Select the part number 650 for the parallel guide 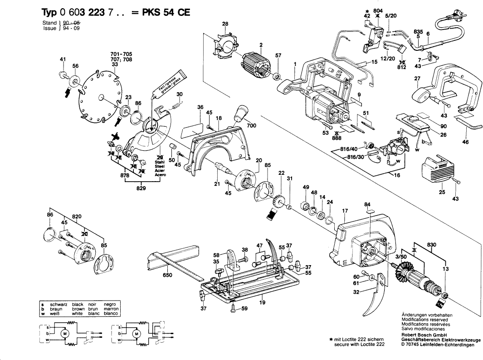(167, 275)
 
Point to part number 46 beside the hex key (465, 142)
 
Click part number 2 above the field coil (261, 44)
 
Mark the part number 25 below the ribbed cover (442, 192)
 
